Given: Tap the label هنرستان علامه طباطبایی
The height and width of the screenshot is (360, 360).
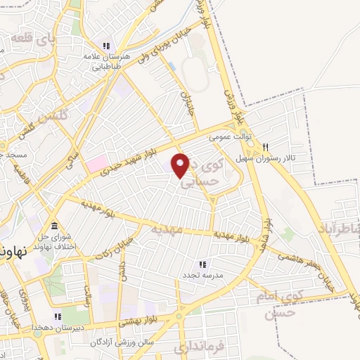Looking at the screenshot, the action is click(108, 64).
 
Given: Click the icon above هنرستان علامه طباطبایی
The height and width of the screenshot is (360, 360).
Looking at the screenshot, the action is click(106, 46).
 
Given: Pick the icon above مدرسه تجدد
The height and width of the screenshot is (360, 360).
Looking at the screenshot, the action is click(202, 264).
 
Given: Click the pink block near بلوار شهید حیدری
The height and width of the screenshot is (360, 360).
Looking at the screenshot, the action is click(96, 164).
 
